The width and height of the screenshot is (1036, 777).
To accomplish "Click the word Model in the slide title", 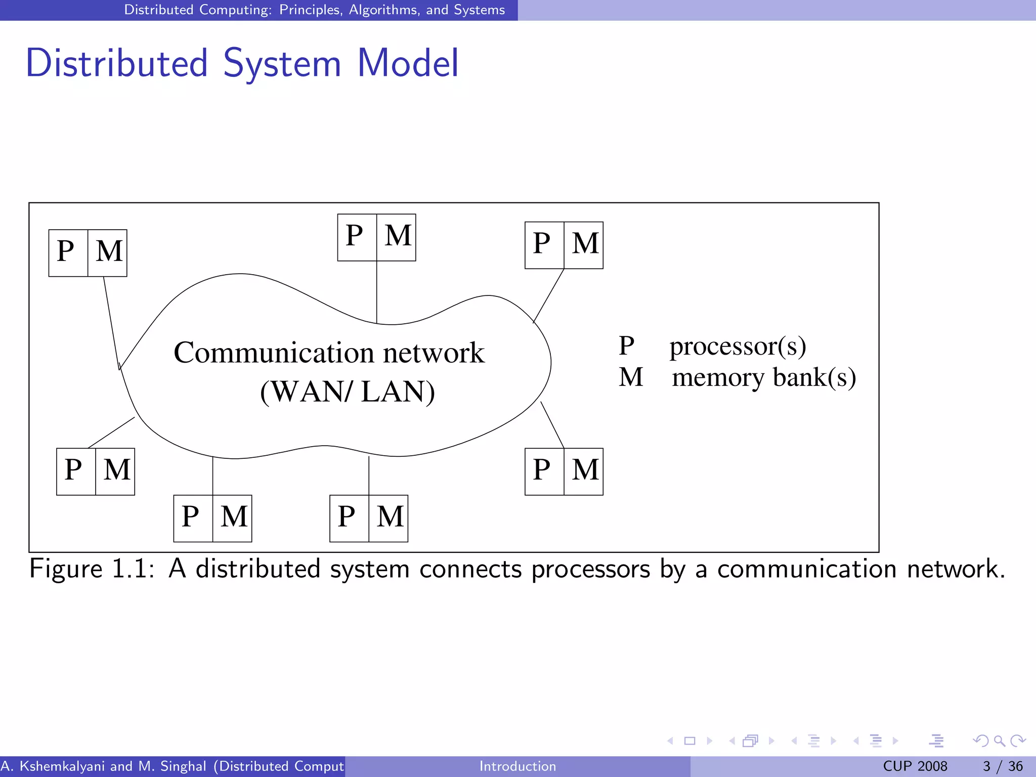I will coord(408,63).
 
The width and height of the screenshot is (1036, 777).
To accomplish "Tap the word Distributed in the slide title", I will coord(117,63).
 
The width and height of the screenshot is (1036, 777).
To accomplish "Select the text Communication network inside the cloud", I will coord(329,353).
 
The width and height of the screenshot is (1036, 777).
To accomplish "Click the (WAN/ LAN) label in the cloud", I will coord(347,392).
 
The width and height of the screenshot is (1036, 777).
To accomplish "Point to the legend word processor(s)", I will coord(738,347).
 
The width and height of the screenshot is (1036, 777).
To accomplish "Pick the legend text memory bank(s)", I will coord(764,378).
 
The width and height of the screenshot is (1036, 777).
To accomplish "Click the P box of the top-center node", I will coord(357,237).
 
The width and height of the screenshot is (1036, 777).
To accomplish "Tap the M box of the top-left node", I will coord(108,252).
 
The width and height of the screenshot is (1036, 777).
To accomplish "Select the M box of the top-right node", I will coord(584,244).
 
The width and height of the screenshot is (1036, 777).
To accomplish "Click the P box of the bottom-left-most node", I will coord(76,470).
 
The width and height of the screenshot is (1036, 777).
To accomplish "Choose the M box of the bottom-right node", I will coord(584,470).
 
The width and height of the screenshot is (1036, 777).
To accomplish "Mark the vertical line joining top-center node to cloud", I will coord(377,292).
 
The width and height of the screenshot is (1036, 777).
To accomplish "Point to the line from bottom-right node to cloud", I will coord(552,425).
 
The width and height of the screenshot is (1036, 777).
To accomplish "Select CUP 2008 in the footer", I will coord(915,766).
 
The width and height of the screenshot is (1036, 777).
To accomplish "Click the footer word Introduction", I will coord(517,766).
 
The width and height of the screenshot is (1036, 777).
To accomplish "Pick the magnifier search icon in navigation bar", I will coord(999,741).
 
